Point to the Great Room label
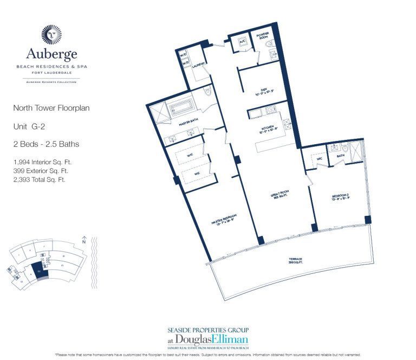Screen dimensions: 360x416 click(279, 195)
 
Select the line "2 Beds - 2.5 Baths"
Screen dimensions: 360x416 click(46, 144)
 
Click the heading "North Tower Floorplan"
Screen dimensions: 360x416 click(51, 108)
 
